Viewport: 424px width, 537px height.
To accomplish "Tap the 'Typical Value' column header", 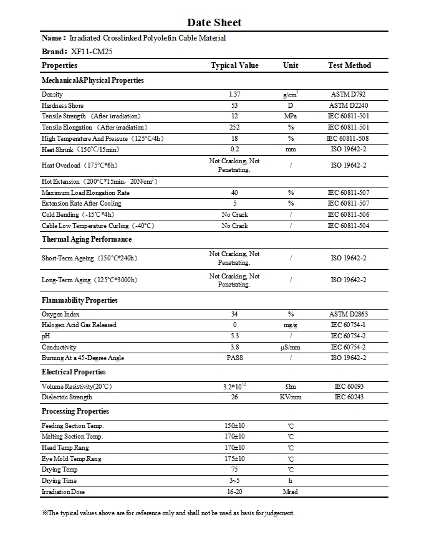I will [234, 65].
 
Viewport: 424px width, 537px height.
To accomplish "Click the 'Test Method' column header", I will [349, 65].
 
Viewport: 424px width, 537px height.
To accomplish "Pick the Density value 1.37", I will [234, 95].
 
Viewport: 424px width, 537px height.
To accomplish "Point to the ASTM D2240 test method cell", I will [349, 106].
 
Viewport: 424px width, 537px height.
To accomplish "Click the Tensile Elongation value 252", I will [234, 128].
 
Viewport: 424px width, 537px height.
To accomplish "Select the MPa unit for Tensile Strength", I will [291, 116].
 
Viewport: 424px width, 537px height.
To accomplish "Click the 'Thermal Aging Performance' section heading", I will [87, 239].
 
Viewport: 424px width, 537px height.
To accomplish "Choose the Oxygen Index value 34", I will [234, 315].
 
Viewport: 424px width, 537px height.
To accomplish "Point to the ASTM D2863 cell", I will [349, 315].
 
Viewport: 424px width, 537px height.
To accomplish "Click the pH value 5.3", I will [234, 336].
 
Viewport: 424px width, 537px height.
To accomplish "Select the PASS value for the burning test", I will [234, 358].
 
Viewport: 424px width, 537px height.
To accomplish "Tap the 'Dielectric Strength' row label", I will [67, 397].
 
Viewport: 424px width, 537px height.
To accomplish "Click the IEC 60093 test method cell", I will [349, 387].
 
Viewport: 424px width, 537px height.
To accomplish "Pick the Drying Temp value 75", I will [234, 470].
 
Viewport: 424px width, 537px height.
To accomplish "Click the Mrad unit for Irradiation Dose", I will [291, 492].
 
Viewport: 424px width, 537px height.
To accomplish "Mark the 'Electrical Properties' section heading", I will [74, 372].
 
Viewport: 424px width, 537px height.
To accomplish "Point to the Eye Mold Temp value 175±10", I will [234, 459].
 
